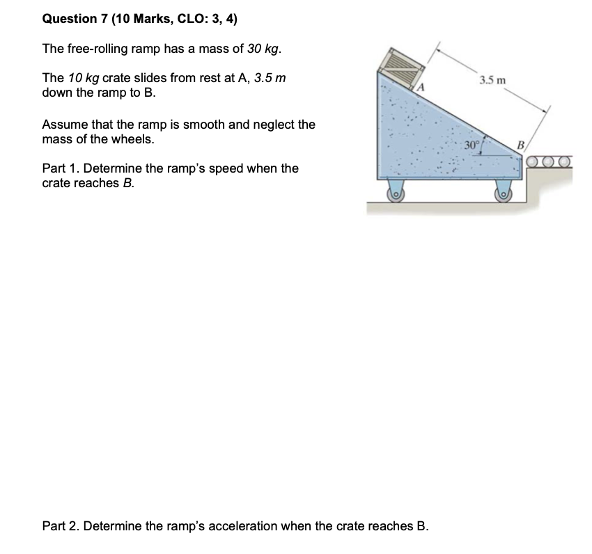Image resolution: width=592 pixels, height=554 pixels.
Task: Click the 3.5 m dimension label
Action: (492, 81)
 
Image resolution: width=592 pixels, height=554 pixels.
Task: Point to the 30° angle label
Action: (472, 145)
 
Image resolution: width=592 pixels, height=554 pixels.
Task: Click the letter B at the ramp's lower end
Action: (518, 145)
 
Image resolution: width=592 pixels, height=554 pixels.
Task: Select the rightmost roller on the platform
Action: (564, 162)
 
